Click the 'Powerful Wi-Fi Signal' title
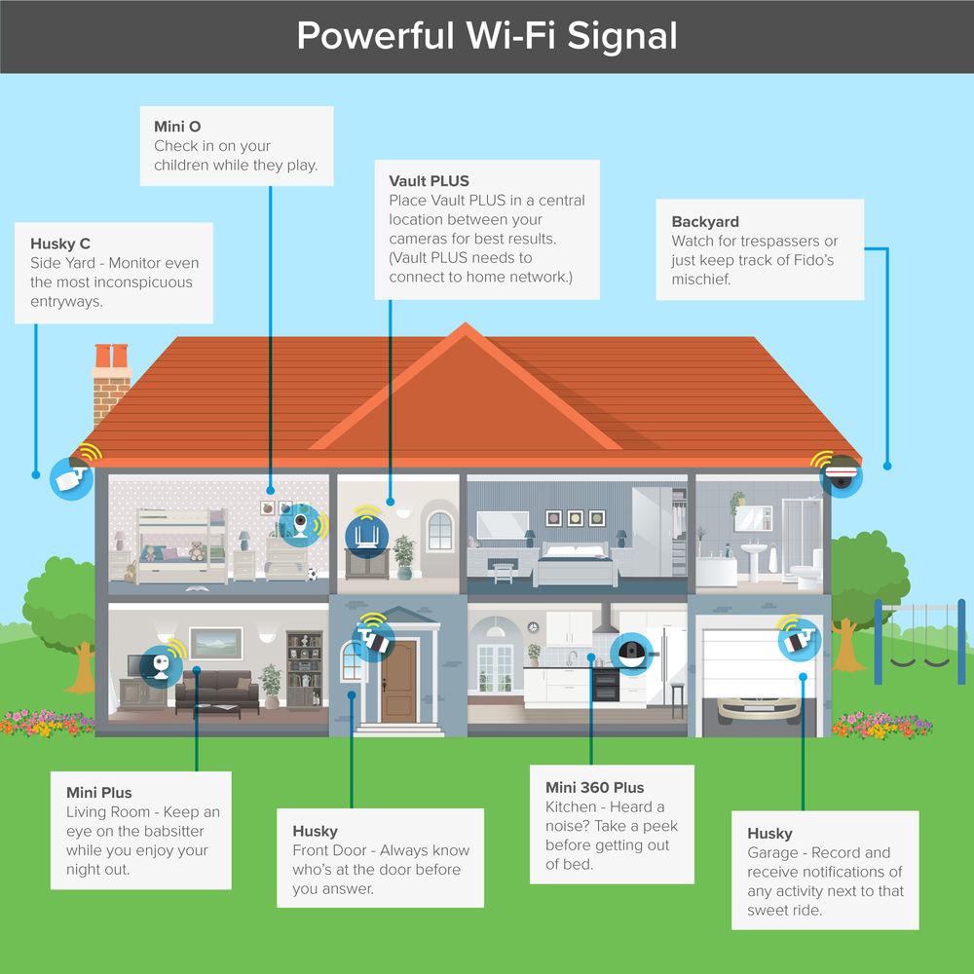(x=486, y=36)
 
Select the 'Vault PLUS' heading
(x=429, y=181)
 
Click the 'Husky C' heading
(x=60, y=243)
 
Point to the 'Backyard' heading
(x=705, y=222)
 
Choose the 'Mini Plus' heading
(x=98, y=793)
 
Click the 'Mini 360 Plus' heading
(x=594, y=787)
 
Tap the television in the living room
(x=132, y=666)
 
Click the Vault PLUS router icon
(x=368, y=534)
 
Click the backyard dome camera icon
(x=841, y=475)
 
